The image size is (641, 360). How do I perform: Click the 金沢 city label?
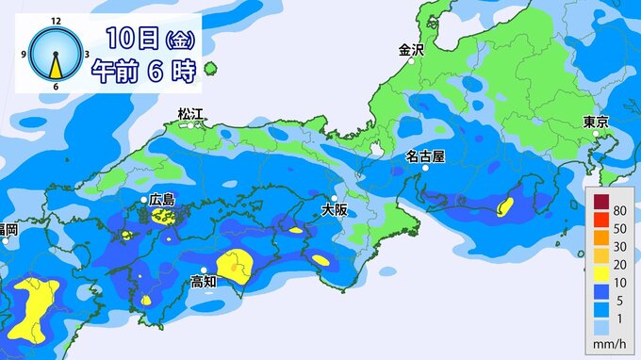coord(412,51)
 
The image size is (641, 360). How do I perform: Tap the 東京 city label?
coord(596,122)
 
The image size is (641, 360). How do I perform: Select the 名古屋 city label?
coord(425,155)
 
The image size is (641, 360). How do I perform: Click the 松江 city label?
coord(191,114)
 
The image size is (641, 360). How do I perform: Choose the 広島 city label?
coord(162,200)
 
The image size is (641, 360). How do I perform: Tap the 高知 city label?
coord(204,282)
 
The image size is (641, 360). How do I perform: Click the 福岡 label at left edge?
coord(8,229)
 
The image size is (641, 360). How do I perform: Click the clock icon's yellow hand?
coord(57,66)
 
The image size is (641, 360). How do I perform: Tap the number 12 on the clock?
coord(57,20)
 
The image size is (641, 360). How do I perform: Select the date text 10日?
coord(131,39)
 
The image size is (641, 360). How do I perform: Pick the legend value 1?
coord(619,323)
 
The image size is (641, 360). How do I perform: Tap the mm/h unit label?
coord(609,346)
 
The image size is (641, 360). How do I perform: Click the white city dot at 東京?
coord(597,136)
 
